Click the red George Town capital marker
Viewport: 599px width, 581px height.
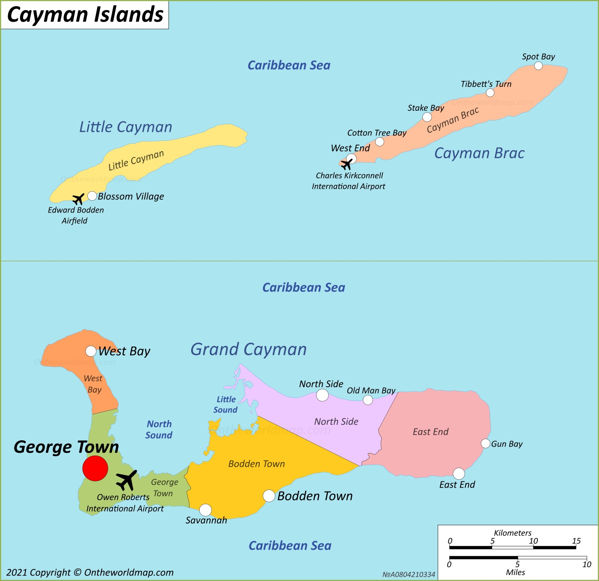[95, 468]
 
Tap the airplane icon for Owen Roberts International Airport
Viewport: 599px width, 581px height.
[127, 480]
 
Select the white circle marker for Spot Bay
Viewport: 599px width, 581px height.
[538, 65]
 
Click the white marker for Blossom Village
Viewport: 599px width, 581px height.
[92, 196]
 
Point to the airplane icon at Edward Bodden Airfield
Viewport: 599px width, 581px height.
[78, 199]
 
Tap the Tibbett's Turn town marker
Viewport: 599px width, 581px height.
[490, 93]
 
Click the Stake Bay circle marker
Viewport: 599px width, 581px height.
[427, 117]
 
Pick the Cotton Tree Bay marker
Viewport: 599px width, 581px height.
[380, 142]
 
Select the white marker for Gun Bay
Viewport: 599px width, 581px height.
[485, 443]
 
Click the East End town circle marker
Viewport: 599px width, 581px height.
[459, 474]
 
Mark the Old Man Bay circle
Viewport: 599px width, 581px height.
[368, 400]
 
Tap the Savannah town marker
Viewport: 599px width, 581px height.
[205, 510]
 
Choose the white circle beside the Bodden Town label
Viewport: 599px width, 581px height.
[269, 496]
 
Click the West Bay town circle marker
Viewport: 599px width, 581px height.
[91, 351]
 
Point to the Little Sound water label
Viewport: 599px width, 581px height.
[225, 405]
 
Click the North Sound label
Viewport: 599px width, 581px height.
[159, 430]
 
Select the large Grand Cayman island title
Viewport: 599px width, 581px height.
[249, 350]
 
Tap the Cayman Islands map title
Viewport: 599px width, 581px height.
[85, 15]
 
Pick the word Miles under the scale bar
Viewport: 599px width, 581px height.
[515, 572]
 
